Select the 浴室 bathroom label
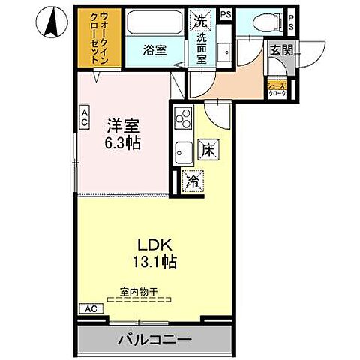[x=154, y=51]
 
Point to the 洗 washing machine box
[x=200, y=20]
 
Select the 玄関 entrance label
[x=282, y=51]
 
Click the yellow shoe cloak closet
[x=277, y=87]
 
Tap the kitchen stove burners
[x=183, y=118]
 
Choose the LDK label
[x=156, y=244]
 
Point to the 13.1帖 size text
[x=156, y=262]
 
